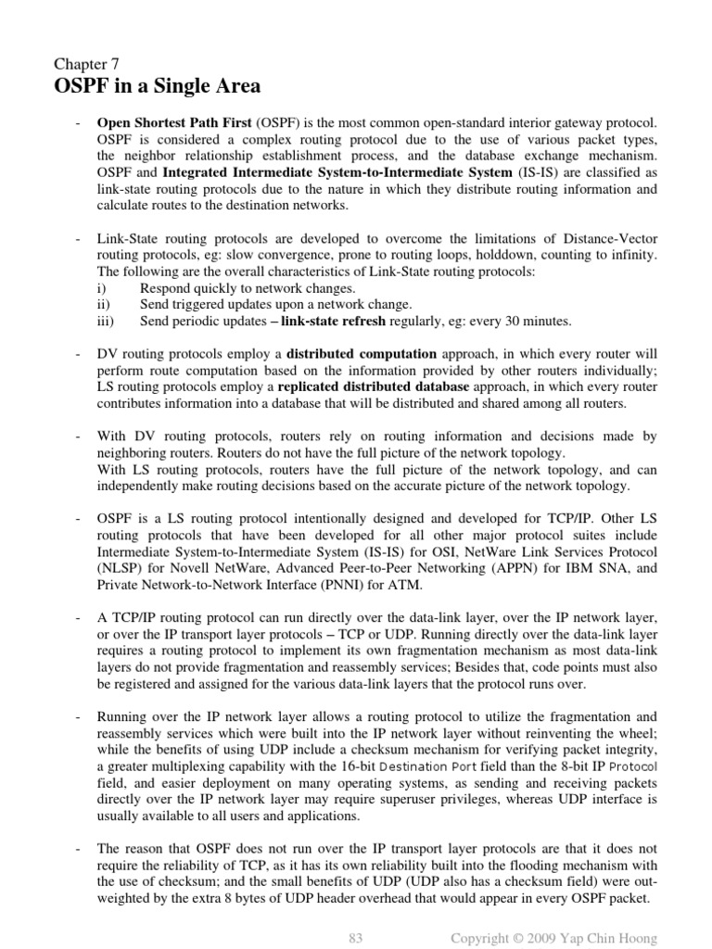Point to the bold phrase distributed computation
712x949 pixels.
[362, 354]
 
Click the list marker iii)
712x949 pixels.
[104, 322]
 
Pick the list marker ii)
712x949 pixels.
[103, 305]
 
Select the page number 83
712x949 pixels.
[355, 939]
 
